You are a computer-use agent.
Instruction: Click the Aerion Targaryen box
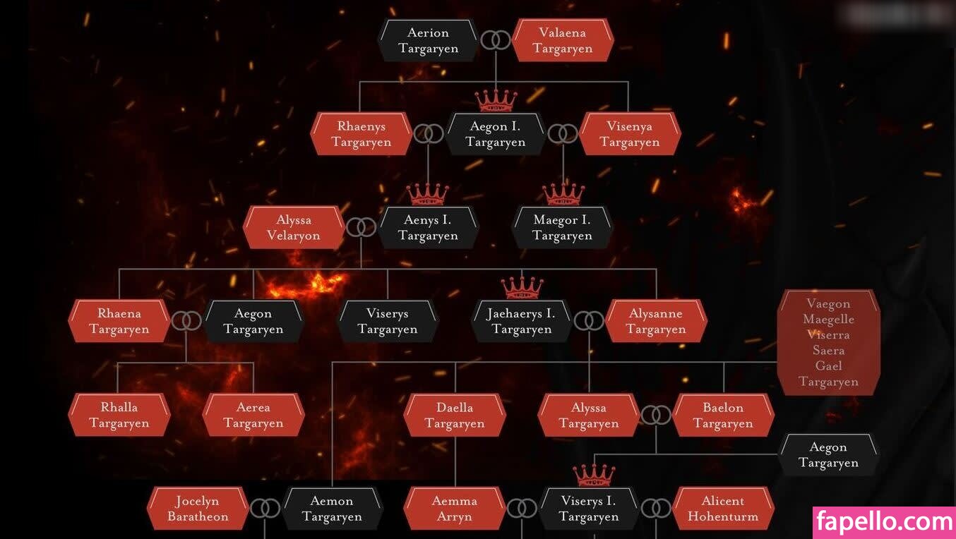pos(428,40)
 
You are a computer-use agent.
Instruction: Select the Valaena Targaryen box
pos(562,40)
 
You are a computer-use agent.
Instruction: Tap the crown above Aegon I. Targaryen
pos(496,100)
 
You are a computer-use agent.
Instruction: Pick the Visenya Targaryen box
pos(629,134)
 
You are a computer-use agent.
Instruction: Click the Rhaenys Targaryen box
pos(361,134)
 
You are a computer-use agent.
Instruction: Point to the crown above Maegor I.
pos(563,193)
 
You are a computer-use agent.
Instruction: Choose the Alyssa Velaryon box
pos(294,228)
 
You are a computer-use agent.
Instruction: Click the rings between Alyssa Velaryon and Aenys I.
pos(361,227)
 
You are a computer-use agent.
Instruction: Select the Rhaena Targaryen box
pos(119,321)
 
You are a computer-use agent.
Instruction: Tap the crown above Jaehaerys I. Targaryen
pos(522,286)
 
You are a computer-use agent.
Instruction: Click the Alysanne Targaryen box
pos(656,321)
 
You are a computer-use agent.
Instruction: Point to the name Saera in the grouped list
pos(828,351)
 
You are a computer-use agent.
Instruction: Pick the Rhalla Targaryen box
pos(119,415)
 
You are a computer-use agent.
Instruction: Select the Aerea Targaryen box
pos(253,415)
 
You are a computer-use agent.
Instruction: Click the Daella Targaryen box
pos(455,415)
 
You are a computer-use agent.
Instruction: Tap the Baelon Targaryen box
pos(723,415)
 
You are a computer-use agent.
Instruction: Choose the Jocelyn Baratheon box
pos(198,509)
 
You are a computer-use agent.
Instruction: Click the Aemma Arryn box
pos(455,509)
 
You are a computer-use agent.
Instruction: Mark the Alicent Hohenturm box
pos(723,509)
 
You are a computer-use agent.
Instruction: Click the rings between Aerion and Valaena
pos(495,40)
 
